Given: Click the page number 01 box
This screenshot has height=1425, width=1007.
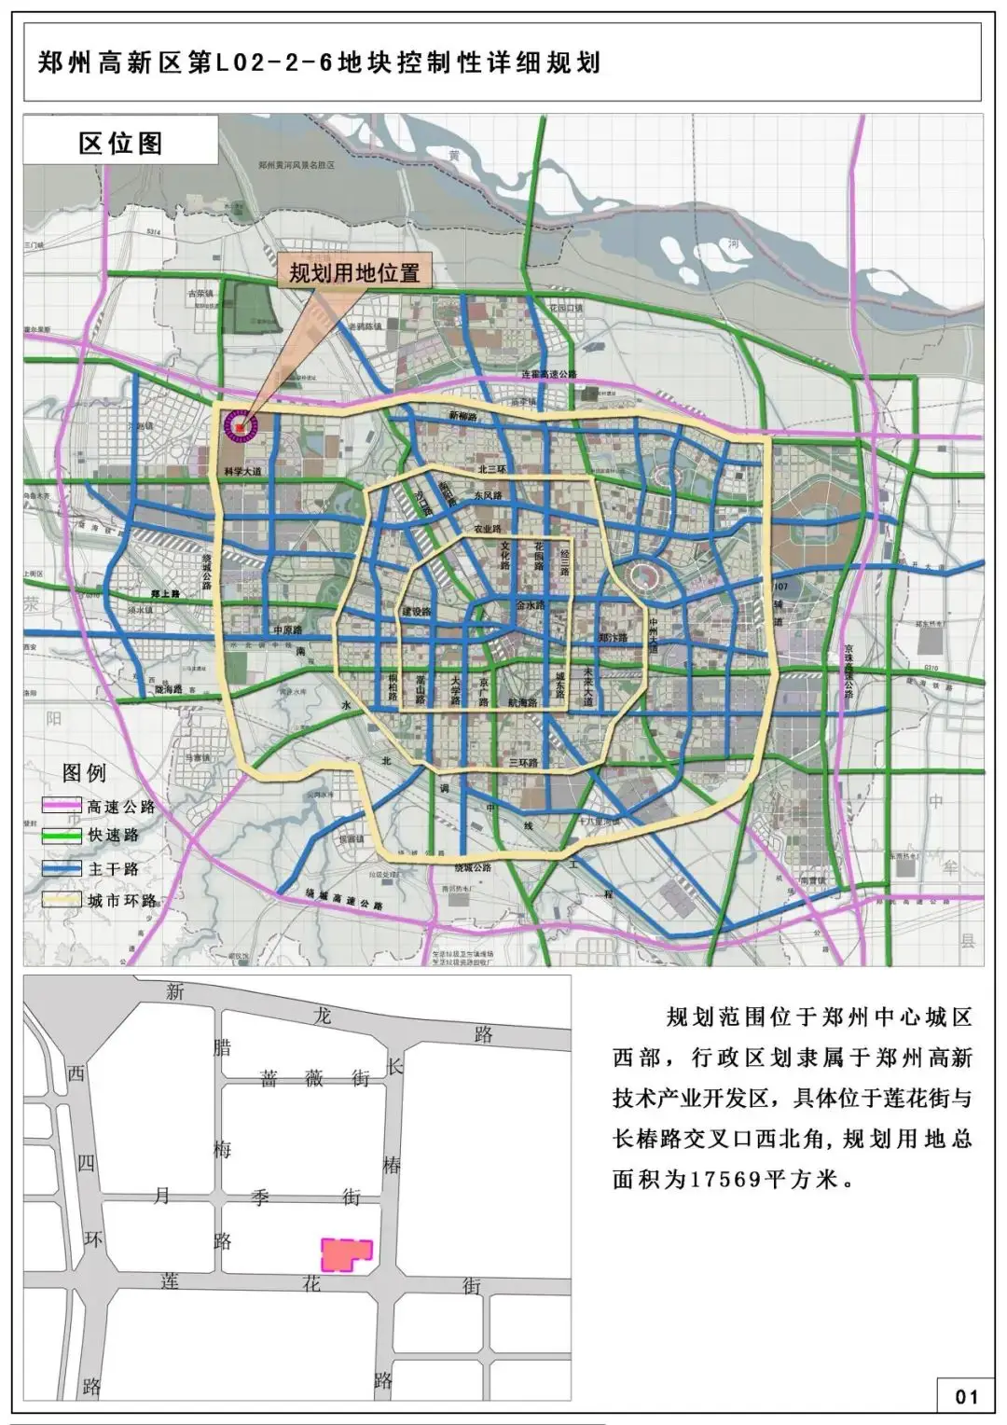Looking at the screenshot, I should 966,1396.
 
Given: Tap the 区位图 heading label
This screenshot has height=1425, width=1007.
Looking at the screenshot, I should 121,143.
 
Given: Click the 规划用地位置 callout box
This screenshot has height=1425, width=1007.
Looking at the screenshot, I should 354,273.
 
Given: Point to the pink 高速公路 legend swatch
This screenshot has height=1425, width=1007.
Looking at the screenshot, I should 62,807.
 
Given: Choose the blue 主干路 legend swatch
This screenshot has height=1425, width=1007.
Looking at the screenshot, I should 62,868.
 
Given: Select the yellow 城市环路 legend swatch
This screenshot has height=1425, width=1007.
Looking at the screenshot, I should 62,900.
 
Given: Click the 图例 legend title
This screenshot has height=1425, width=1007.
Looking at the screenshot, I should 84,773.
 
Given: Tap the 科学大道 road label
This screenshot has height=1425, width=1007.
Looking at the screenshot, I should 244,472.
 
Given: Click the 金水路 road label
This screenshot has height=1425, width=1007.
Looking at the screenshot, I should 531,605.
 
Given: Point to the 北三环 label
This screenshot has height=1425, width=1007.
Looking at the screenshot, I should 490,470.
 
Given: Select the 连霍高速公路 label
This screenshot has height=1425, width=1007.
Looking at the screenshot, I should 549,374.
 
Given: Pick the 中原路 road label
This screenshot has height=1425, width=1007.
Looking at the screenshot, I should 288,629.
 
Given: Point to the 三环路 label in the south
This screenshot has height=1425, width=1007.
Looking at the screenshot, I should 524,762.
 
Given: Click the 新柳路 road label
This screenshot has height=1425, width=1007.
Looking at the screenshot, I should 462,417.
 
